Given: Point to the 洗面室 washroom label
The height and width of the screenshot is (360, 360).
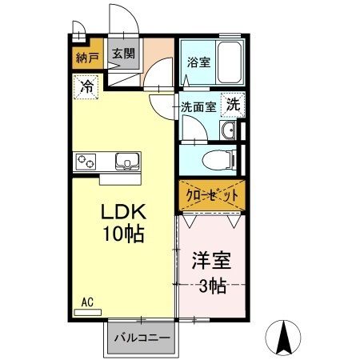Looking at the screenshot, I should [x=198, y=105].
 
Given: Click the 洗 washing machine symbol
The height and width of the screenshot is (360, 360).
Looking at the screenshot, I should [x=232, y=103].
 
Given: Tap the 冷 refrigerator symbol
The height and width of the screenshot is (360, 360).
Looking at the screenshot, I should [x=87, y=86].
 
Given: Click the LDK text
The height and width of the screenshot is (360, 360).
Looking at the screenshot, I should [x=121, y=214].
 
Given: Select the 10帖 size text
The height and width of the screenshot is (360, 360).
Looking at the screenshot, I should [x=121, y=234].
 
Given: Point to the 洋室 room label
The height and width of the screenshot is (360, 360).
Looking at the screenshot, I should [x=210, y=262].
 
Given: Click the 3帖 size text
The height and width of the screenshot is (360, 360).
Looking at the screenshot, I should [x=210, y=285].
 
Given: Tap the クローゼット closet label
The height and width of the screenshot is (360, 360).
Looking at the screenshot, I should [x=210, y=195].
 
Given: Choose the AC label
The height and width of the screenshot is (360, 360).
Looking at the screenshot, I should [x=88, y=302].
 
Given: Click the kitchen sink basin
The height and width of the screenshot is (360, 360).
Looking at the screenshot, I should [x=129, y=161].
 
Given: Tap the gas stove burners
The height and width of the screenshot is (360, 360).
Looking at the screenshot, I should [x=86, y=162].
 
